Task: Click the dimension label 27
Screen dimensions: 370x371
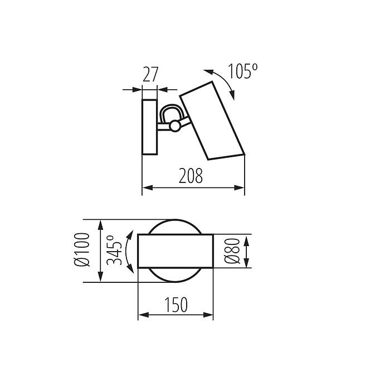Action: (150, 74)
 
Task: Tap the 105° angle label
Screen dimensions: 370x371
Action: (242, 71)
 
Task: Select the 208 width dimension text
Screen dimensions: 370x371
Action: (191, 176)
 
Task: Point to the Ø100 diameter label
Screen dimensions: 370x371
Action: (82, 249)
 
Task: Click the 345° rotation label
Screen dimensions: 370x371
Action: (114, 250)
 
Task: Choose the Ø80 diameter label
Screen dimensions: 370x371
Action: (232, 251)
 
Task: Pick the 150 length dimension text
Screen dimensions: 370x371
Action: (176, 305)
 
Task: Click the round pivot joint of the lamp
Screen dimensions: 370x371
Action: (175, 126)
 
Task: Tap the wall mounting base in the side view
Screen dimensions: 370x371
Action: (150, 127)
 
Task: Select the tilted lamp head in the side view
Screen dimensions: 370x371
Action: (212, 121)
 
